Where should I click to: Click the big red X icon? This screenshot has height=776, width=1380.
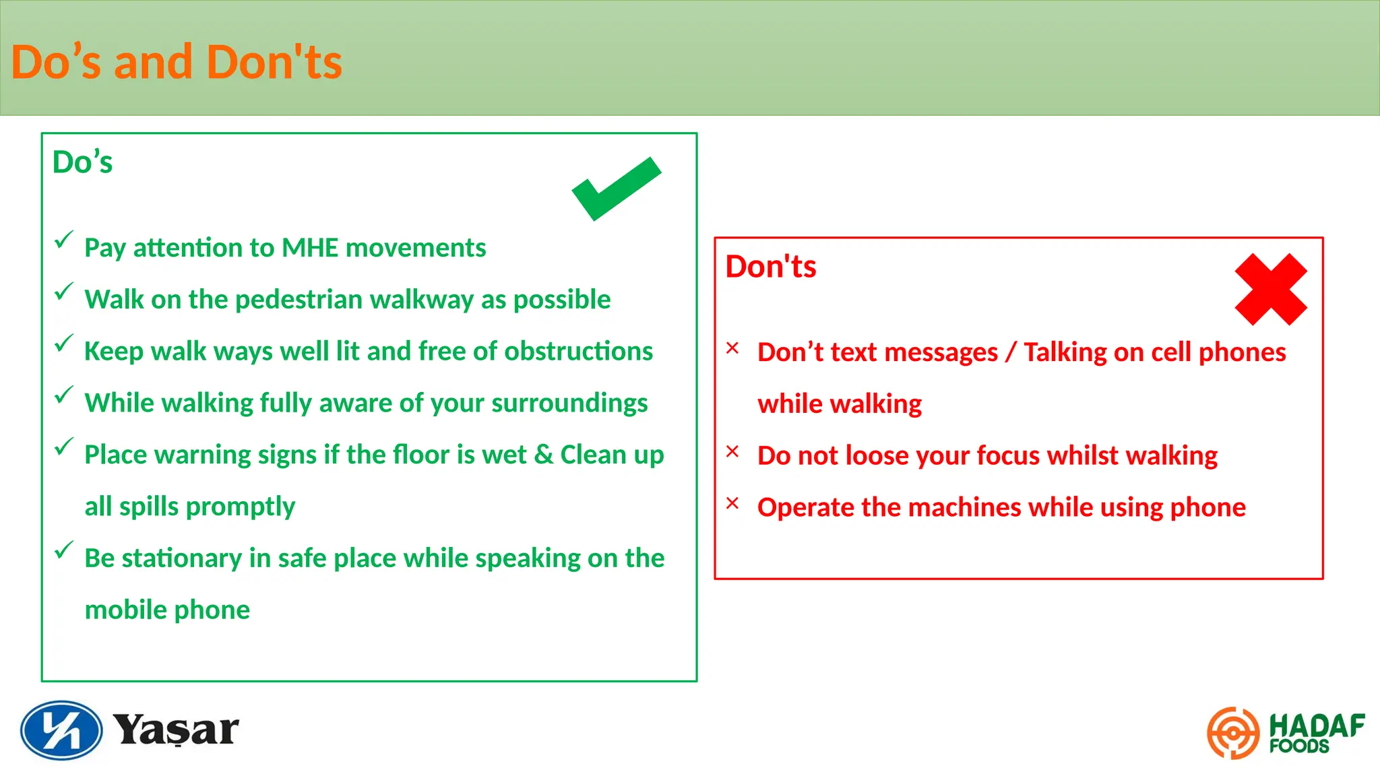[1271, 290]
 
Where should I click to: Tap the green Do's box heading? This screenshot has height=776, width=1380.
[82, 162]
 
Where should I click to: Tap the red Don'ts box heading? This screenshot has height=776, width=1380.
[770, 267]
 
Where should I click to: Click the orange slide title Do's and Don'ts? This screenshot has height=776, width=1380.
[177, 62]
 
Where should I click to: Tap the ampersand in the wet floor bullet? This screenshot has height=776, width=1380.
[544, 455]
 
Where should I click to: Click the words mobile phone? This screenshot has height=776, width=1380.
[167, 610]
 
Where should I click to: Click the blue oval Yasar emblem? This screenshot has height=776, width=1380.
[61, 730]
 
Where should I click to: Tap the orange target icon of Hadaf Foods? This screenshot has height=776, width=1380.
[1232, 733]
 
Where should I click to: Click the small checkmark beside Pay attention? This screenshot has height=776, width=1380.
[63, 240]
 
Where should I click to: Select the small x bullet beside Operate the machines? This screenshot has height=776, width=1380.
[732, 503]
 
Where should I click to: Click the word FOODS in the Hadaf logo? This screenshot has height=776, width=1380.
[1298, 746]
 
